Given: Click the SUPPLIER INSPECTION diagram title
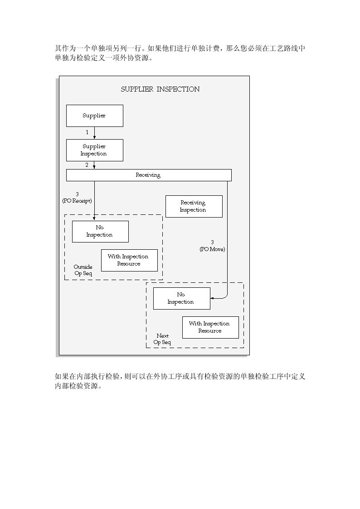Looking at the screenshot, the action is tap(160, 89).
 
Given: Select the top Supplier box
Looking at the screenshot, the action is tap(94, 116).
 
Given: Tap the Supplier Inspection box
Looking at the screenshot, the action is tap(94, 150).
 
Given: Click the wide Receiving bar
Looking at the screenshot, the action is tap(149, 175).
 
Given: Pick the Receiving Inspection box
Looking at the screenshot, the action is tap(194, 206).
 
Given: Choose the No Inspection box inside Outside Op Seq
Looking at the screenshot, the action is tap(100, 232).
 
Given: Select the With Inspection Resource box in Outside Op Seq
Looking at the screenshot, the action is tap(129, 260).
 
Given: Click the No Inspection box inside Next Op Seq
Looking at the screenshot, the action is tap(181, 298).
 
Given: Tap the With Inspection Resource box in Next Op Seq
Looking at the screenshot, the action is tap(210, 327).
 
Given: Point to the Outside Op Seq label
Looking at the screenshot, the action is tap(83, 270).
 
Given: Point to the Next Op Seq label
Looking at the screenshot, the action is tap(162, 339).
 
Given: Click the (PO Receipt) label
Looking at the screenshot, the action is tap(77, 201).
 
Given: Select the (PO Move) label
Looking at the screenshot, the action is tap(212, 249).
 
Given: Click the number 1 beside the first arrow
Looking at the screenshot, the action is tap(87, 132).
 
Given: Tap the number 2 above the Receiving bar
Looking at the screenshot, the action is tap(87, 165).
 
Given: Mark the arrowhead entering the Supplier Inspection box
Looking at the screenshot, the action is tap(94, 137).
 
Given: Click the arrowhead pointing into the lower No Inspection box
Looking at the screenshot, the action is tap(212, 298).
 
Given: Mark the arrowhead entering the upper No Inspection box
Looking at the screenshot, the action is tap(94, 219).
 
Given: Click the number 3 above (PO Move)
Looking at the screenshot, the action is tap(212, 242).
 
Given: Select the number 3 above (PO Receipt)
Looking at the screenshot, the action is tap(77, 194).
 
